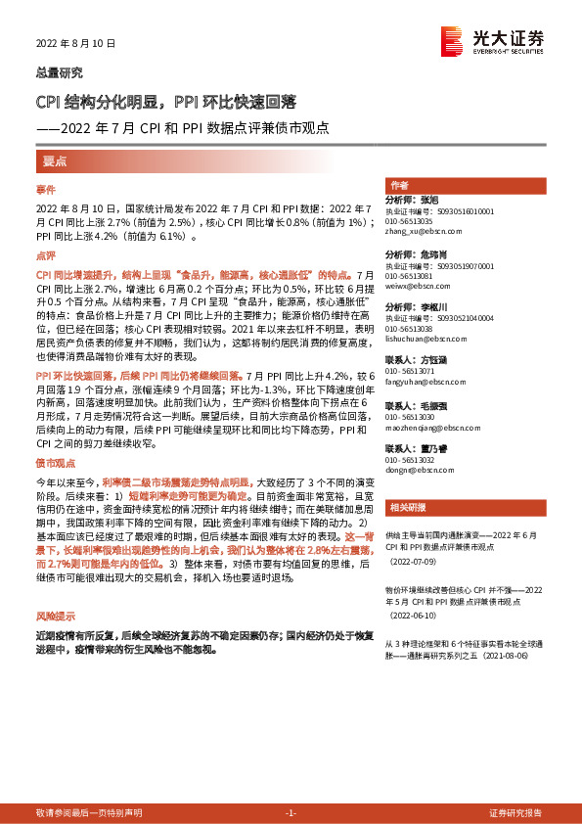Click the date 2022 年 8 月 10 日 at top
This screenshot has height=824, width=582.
pyautogui.click(x=75, y=43)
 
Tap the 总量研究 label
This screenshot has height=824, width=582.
pyautogui.click(x=60, y=72)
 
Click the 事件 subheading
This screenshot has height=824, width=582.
pyautogui.click(x=46, y=188)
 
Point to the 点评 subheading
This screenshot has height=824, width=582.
pyautogui.click(x=46, y=254)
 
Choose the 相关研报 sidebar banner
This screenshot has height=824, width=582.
pyautogui.click(x=408, y=507)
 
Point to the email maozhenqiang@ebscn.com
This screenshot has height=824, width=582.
pyautogui.click(x=427, y=428)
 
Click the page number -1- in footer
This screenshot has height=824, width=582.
pyautogui.click(x=291, y=812)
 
